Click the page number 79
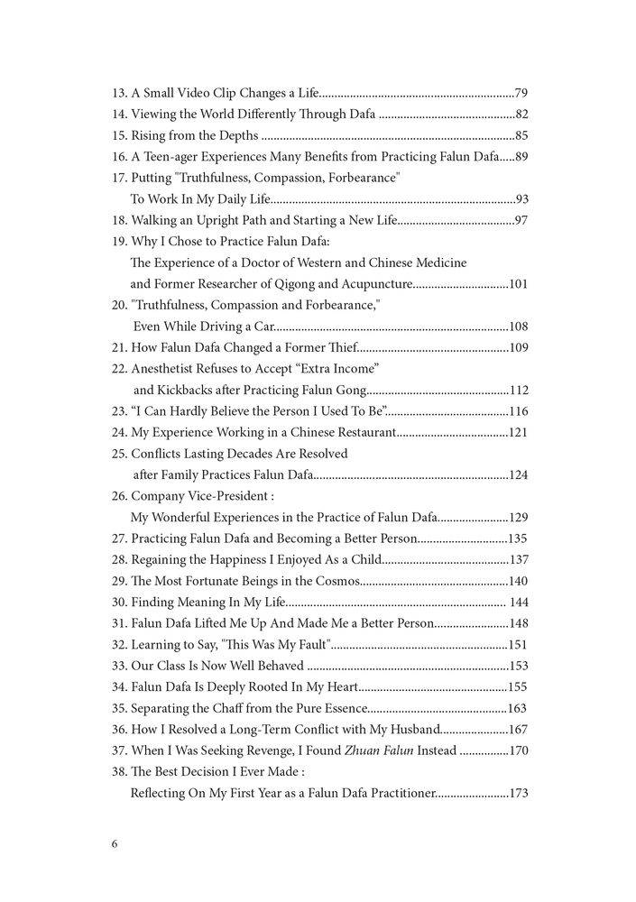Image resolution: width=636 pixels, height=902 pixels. pos(521,92)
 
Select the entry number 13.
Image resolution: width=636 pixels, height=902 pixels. pos(120,92)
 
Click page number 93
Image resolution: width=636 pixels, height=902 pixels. pos(521,199)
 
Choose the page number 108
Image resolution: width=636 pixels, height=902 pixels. pos(518,327)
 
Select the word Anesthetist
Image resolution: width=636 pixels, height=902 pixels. pos(167,369)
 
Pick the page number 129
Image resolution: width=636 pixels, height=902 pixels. pos(518,518)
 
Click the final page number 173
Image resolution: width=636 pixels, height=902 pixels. pos(518,794)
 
